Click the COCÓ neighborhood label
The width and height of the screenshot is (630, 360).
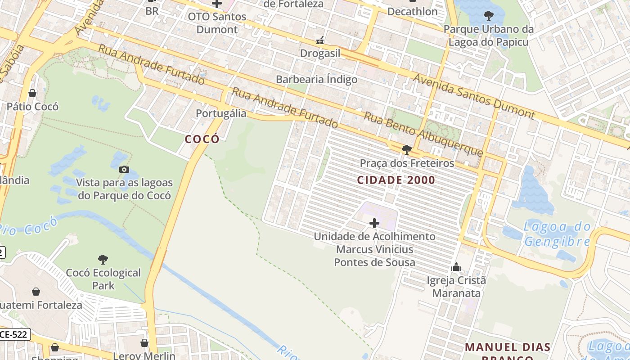(x=202, y=139)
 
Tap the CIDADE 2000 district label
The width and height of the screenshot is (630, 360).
(x=396, y=180)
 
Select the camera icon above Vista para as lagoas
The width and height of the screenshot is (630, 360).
(x=124, y=170)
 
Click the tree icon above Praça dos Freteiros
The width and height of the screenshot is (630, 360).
(x=407, y=149)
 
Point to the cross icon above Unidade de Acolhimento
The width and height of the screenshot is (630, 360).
(x=374, y=223)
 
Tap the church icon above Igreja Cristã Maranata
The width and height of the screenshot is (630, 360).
(x=456, y=267)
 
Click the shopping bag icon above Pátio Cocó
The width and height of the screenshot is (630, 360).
(x=32, y=93)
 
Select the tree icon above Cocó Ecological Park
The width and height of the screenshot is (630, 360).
(x=103, y=259)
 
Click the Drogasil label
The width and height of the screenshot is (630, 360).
(x=320, y=54)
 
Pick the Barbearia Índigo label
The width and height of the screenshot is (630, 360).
(x=316, y=80)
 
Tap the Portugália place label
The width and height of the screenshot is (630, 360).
(x=221, y=113)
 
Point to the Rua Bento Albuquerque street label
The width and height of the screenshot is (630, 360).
(x=423, y=134)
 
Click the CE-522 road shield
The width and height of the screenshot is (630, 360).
(x=14, y=334)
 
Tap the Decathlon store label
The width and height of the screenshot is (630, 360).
(x=412, y=12)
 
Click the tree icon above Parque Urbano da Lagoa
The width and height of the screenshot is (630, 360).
(x=488, y=16)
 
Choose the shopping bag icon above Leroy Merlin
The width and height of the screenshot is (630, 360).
(x=144, y=343)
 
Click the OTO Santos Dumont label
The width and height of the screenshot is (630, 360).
(x=217, y=23)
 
